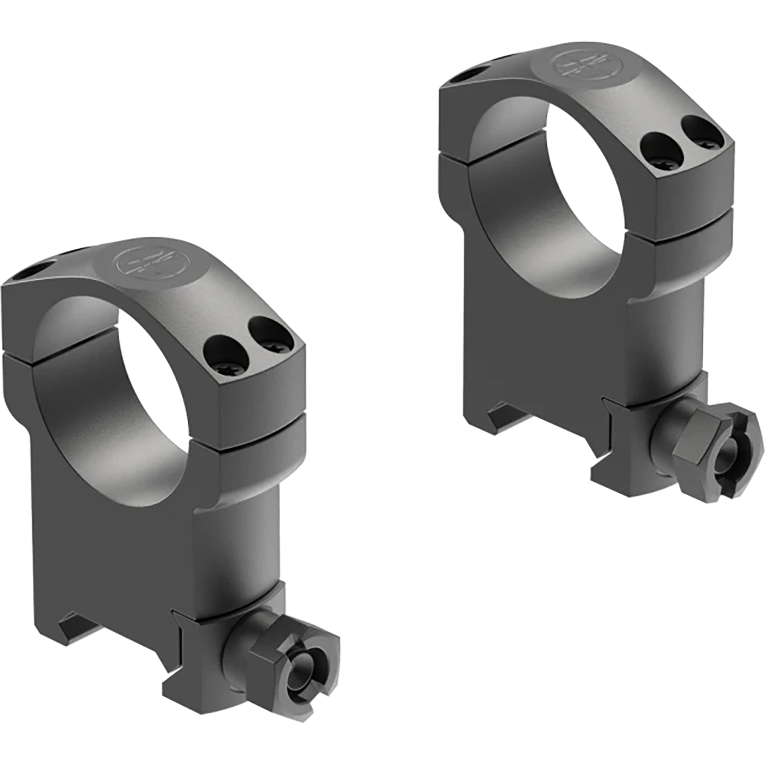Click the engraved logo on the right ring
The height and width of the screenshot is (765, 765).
click(x=577, y=67)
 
